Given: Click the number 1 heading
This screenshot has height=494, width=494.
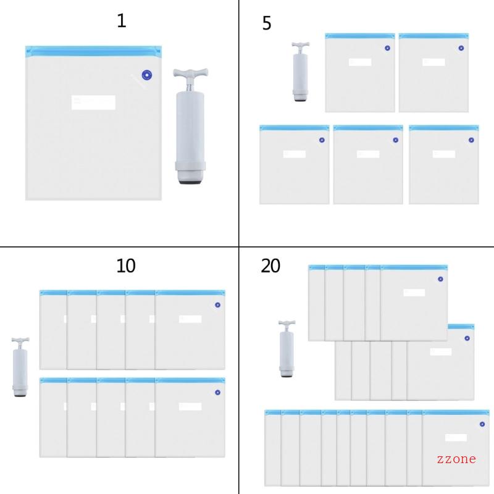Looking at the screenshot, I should (122, 21).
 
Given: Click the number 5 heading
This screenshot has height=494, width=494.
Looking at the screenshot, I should (267, 24).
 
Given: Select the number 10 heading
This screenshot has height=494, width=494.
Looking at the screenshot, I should (125, 266).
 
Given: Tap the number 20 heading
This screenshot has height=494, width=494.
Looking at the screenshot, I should (270, 266).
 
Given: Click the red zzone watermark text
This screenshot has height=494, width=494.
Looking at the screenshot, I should (456, 459).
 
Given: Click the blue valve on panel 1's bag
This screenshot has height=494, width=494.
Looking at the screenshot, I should (147, 75).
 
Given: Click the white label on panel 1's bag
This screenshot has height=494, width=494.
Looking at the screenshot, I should (93, 103).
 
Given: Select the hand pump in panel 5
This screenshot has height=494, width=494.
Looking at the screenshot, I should (300, 71).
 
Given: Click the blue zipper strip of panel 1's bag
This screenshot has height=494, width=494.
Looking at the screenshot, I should (93, 49).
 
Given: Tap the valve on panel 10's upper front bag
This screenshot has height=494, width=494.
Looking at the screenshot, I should (217, 305).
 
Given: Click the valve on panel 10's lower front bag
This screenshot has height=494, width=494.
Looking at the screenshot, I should (217, 392).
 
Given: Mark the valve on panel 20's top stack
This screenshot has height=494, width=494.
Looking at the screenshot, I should (440, 278).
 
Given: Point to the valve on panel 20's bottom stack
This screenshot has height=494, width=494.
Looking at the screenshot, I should (482, 424).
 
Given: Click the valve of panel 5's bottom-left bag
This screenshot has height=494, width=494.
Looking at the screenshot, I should (322, 140).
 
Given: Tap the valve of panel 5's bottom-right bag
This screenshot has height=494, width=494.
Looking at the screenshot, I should (471, 140).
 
